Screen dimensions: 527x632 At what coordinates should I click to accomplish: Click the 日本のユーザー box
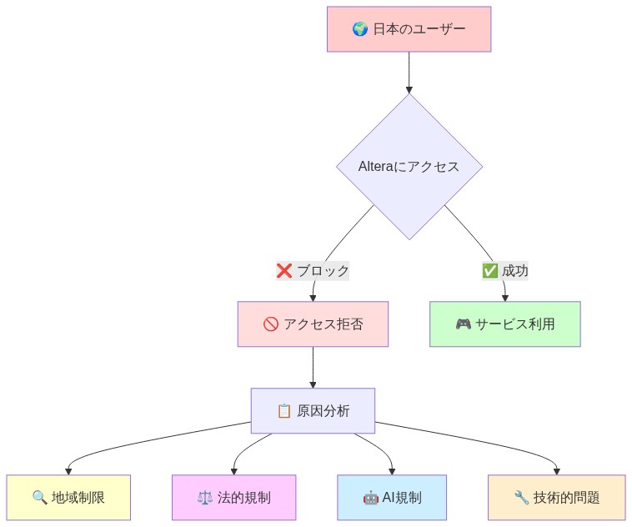[x=409, y=29]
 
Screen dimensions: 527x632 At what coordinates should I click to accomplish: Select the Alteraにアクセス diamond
[x=409, y=166]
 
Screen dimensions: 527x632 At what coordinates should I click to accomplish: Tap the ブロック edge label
[x=313, y=271]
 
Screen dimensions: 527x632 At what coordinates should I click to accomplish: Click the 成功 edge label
[x=504, y=271]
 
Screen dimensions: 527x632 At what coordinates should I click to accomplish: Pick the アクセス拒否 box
[x=313, y=324]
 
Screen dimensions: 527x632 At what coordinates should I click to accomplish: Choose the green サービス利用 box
[x=504, y=324]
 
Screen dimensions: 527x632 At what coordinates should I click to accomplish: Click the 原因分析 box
[x=313, y=411]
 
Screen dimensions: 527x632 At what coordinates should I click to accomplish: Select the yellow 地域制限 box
[x=68, y=498]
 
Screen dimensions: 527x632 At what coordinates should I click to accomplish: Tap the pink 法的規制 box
[x=233, y=498]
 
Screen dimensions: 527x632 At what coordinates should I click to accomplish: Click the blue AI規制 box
[x=392, y=498]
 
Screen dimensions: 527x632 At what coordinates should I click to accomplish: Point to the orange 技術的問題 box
[x=556, y=498]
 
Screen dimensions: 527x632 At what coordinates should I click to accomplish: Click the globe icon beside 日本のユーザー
[x=360, y=30]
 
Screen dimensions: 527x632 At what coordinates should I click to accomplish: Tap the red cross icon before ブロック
[x=284, y=271]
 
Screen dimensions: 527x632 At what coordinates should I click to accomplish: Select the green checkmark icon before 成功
[x=489, y=271]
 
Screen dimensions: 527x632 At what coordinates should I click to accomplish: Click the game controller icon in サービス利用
[x=464, y=324]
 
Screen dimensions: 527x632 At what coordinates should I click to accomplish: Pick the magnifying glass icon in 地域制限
[x=39, y=498]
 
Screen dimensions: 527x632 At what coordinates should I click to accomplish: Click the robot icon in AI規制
[x=370, y=498]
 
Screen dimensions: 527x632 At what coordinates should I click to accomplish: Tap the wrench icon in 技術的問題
[x=522, y=498]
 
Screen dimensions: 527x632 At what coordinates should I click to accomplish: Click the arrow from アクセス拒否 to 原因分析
[x=313, y=367]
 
